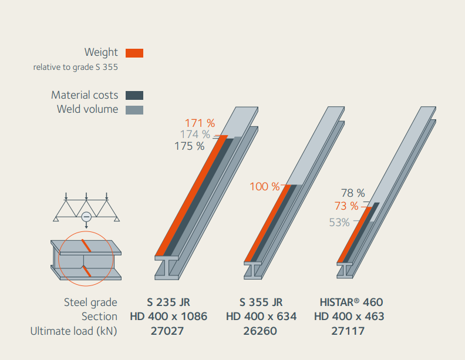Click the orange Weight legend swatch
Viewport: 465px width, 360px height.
(134, 53)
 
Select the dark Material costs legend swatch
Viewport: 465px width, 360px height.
(134, 95)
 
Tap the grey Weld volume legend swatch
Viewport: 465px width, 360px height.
(134, 109)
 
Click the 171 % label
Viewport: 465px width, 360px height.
(200, 123)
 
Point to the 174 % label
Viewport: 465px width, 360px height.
(195, 134)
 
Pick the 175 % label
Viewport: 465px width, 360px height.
(190, 146)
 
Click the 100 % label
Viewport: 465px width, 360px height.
(265, 187)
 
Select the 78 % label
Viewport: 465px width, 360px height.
(353, 193)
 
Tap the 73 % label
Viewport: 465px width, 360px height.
(346, 206)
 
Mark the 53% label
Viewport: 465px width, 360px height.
(339, 223)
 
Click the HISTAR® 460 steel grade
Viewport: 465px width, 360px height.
(351, 302)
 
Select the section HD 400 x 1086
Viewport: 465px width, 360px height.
(169, 317)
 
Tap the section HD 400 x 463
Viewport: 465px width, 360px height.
(349, 317)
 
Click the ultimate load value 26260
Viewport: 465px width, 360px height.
(261, 331)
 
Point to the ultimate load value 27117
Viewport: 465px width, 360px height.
(348, 331)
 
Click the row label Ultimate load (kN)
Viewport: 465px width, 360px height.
(74, 331)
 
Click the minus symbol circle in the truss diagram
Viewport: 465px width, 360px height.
(86, 217)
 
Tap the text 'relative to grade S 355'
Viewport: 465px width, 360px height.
(76, 67)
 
